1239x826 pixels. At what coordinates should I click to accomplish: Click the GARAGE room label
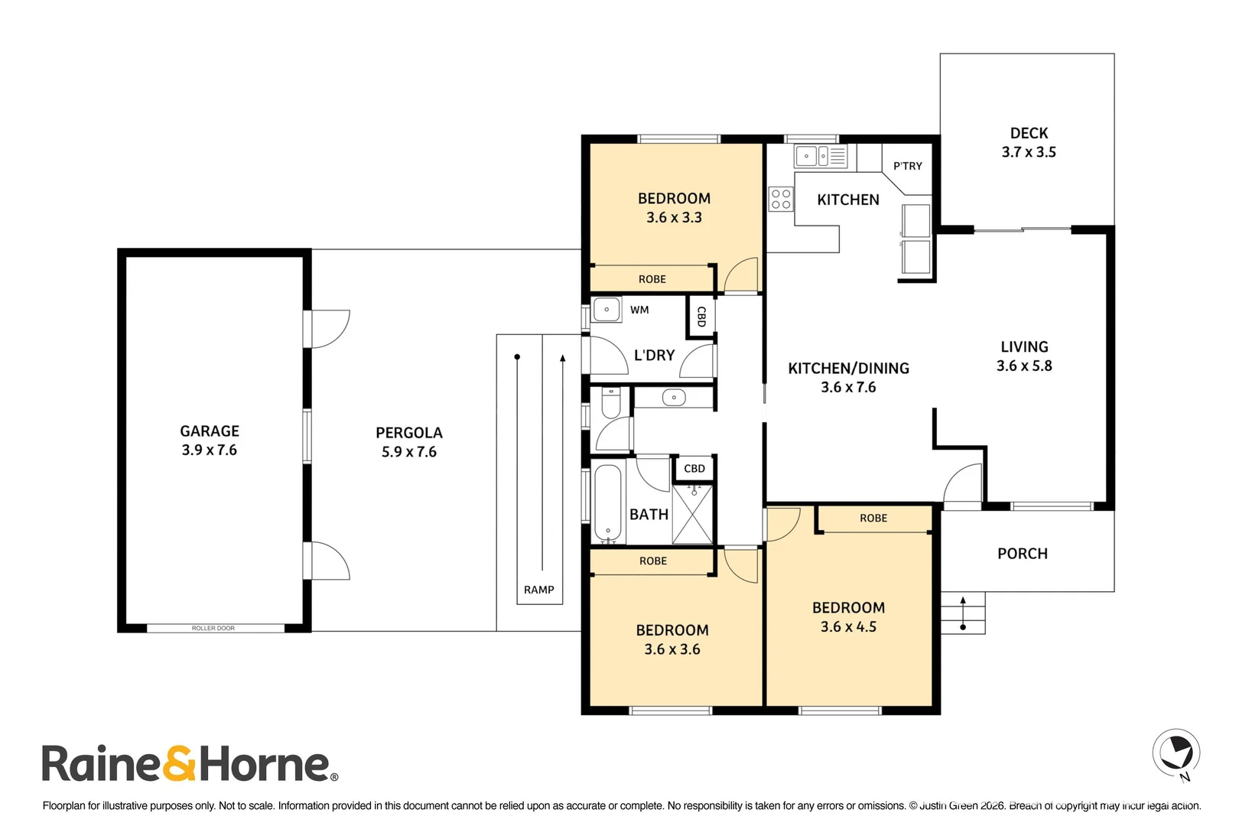tap(210, 431)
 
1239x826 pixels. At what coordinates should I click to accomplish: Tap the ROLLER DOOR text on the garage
tap(213, 628)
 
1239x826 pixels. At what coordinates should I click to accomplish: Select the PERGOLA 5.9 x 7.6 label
tap(409, 442)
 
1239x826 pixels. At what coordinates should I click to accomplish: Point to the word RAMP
tap(538, 590)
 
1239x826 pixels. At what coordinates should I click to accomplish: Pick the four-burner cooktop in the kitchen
tap(781, 199)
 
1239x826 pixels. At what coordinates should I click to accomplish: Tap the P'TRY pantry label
tap(908, 166)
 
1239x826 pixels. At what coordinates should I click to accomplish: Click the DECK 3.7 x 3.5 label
tap(1029, 142)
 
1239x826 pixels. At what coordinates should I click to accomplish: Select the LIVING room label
tap(1024, 347)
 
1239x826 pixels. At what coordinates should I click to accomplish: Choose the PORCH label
tap(1022, 553)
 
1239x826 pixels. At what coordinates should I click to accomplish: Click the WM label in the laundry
tap(639, 310)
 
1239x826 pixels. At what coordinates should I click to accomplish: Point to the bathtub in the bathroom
tap(608, 502)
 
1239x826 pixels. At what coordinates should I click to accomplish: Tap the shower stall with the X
tap(692, 514)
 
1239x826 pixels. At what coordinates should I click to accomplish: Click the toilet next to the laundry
tap(610, 402)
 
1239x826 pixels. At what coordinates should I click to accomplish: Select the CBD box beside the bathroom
tap(694, 469)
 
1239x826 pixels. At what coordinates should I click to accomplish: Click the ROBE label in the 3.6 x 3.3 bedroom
tap(652, 279)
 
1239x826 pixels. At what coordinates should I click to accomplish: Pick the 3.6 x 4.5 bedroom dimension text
tap(848, 627)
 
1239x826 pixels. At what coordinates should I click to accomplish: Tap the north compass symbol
tap(1176, 753)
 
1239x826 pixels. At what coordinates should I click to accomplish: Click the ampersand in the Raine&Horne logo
tap(179, 763)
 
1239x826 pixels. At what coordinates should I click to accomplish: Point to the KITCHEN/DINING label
tap(848, 369)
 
